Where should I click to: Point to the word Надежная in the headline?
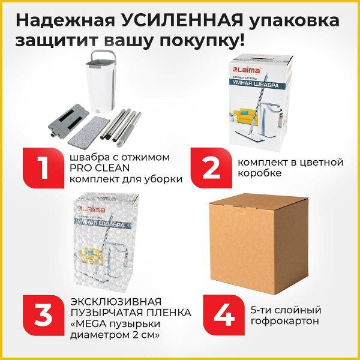click(x=67, y=20)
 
